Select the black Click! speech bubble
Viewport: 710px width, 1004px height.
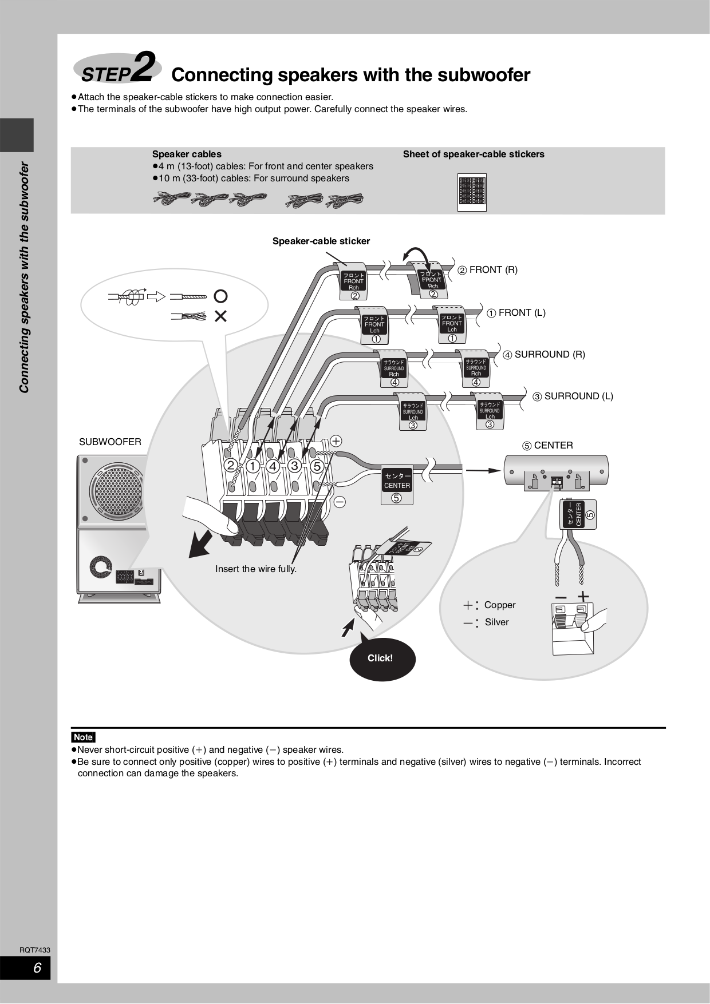pyautogui.click(x=381, y=658)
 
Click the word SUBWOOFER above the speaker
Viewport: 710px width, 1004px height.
pyautogui.click(x=110, y=442)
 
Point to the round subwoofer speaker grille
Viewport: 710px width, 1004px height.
pyautogui.click(x=117, y=493)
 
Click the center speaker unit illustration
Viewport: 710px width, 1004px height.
pyautogui.click(x=555, y=471)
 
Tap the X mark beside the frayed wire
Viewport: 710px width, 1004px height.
pyautogui.click(x=220, y=316)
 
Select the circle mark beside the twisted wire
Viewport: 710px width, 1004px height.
pyautogui.click(x=220, y=296)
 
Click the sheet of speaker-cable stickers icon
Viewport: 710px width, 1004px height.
pyautogui.click(x=472, y=192)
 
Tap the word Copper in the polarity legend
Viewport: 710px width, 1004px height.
pyautogui.click(x=499, y=605)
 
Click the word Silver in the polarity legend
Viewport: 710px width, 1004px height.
pyautogui.click(x=496, y=622)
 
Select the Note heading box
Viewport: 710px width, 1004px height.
pyautogui.click(x=83, y=737)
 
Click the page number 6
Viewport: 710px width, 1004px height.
pyautogui.click(x=37, y=969)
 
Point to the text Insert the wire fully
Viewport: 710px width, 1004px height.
pyautogui.click(x=255, y=569)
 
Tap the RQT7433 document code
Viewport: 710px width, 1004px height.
pyautogui.click(x=35, y=950)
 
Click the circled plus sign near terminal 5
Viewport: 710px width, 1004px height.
pyautogui.click(x=336, y=441)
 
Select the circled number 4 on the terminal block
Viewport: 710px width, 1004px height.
pyautogui.click(x=273, y=466)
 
